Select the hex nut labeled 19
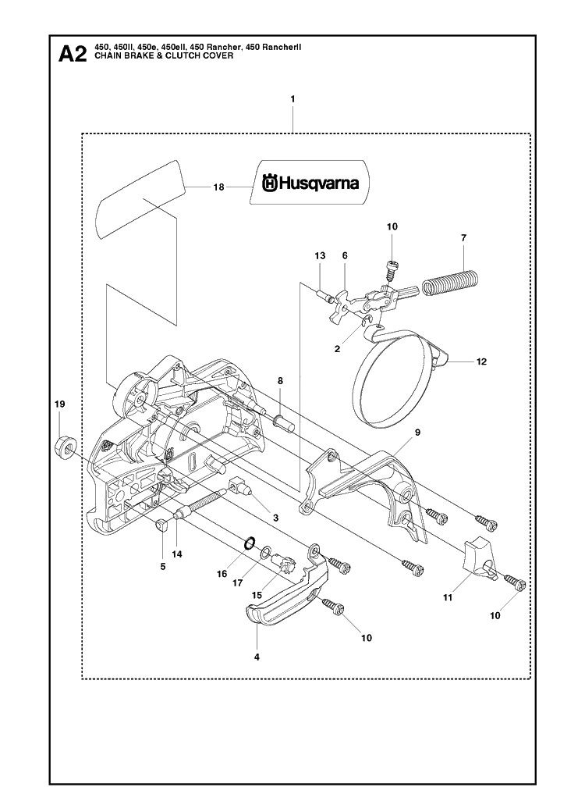tap(65, 447)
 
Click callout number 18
tap(218, 187)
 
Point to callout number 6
tap(345, 255)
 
